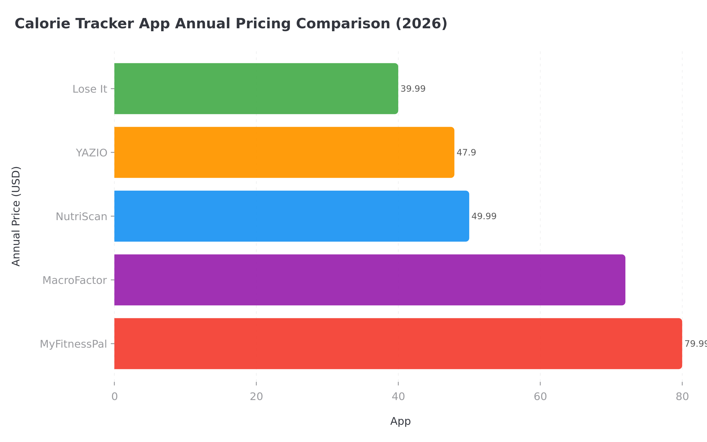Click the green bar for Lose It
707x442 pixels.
256,89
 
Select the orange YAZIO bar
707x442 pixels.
284,152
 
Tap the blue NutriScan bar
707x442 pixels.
291,216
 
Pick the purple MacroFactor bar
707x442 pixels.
369,280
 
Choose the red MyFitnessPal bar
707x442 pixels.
398,344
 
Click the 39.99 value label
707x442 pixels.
413,89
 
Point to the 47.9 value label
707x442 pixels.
466,152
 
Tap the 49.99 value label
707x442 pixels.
484,216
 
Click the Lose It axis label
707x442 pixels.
90,89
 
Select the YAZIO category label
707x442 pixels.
91,153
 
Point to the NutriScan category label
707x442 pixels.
81,217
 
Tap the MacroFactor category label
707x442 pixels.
75,280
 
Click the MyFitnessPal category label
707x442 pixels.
73,344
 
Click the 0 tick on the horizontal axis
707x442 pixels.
114,397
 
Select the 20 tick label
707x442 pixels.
256,397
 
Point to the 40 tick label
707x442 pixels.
398,397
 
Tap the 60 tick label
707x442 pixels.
540,397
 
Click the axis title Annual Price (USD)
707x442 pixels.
16,216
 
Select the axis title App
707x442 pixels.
400,421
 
